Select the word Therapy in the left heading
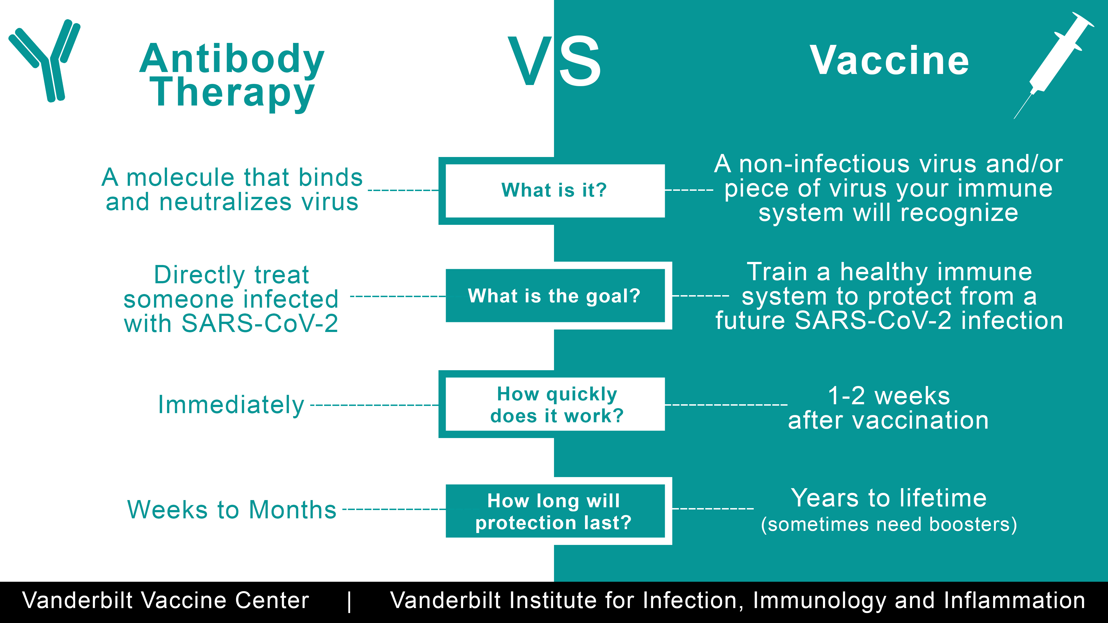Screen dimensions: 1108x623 (232, 92)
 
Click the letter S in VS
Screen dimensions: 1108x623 (580, 61)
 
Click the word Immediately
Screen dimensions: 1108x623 (231, 405)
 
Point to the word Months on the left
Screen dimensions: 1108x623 (293, 510)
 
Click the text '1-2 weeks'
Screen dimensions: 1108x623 (889, 396)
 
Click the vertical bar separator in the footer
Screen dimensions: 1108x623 (349, 601)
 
